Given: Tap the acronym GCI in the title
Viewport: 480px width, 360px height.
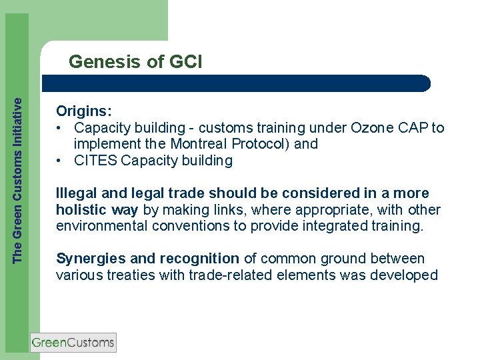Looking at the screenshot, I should tap(185, 63).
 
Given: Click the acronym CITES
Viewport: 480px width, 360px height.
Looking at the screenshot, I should tap(96, 161).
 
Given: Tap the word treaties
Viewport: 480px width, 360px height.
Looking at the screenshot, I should tap(131, 275).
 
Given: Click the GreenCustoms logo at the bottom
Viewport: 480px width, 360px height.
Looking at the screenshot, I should tap(73, 343).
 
